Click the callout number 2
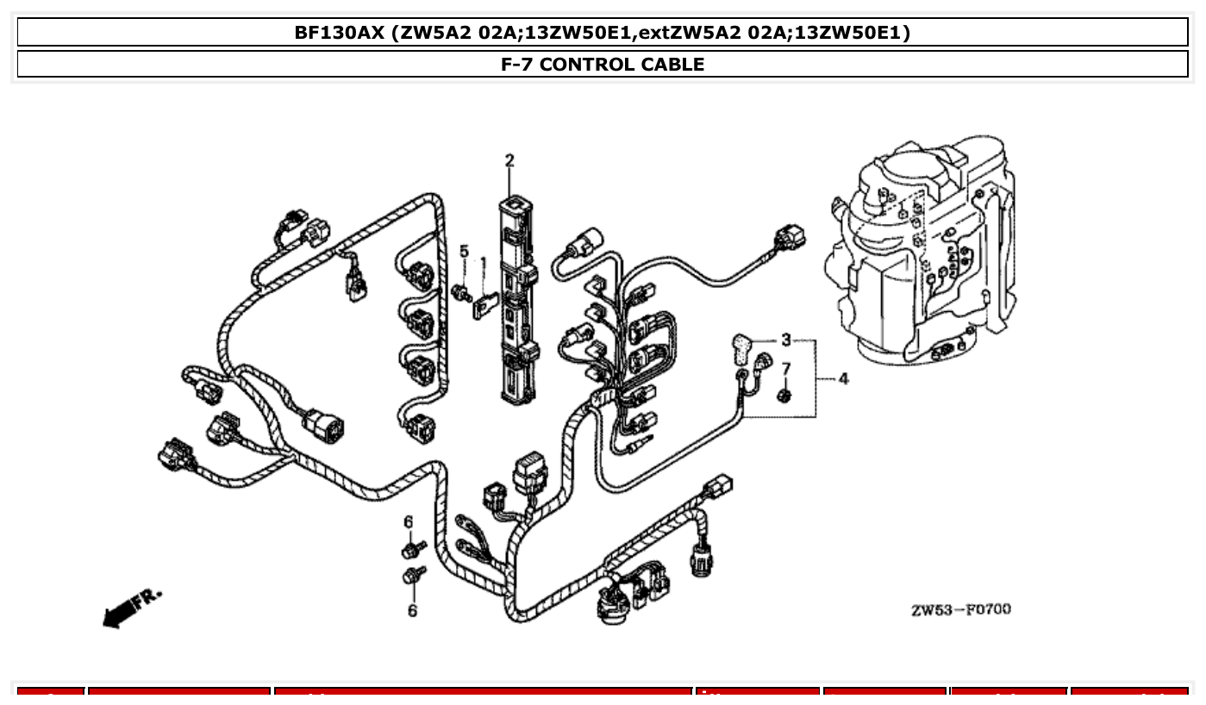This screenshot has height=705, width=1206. (509, 160)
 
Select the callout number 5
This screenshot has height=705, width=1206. (464, 251)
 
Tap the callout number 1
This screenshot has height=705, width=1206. (484, 262)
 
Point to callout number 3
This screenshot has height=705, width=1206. (785, 340)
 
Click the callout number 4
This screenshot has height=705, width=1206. (842, 378)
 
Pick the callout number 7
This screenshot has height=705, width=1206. (785, 369)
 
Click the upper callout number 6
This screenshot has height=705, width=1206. (409, 521)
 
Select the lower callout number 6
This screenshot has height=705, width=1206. (412, 610)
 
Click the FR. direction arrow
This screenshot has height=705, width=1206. (129, 608)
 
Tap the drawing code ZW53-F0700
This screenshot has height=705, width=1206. (961, 610)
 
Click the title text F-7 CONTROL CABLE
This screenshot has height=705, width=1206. (603, 65)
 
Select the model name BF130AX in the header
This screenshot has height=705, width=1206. (339, 33)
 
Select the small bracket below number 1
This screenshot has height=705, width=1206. (485, 305)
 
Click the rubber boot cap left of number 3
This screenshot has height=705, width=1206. (741, 346)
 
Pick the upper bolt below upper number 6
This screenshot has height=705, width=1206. (411, 548)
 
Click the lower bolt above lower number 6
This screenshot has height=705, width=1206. (413, 575)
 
